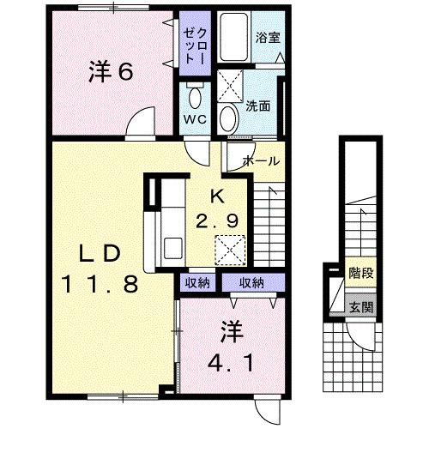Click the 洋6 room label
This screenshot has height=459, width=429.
tap(111, 72)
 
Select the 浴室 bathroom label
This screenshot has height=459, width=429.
tap(269, 38)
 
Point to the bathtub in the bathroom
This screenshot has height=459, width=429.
tap(233, 36)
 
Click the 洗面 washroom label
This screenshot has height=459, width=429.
tap(258, 106)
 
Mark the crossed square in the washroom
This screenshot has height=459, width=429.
tap(230, 84)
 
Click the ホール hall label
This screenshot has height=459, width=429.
tap(260, 160)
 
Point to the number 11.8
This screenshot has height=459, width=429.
tap(99, 284)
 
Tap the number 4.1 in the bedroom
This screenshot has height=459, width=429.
tap(229, 362)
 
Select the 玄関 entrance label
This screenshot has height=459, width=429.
tap(360, 308)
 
